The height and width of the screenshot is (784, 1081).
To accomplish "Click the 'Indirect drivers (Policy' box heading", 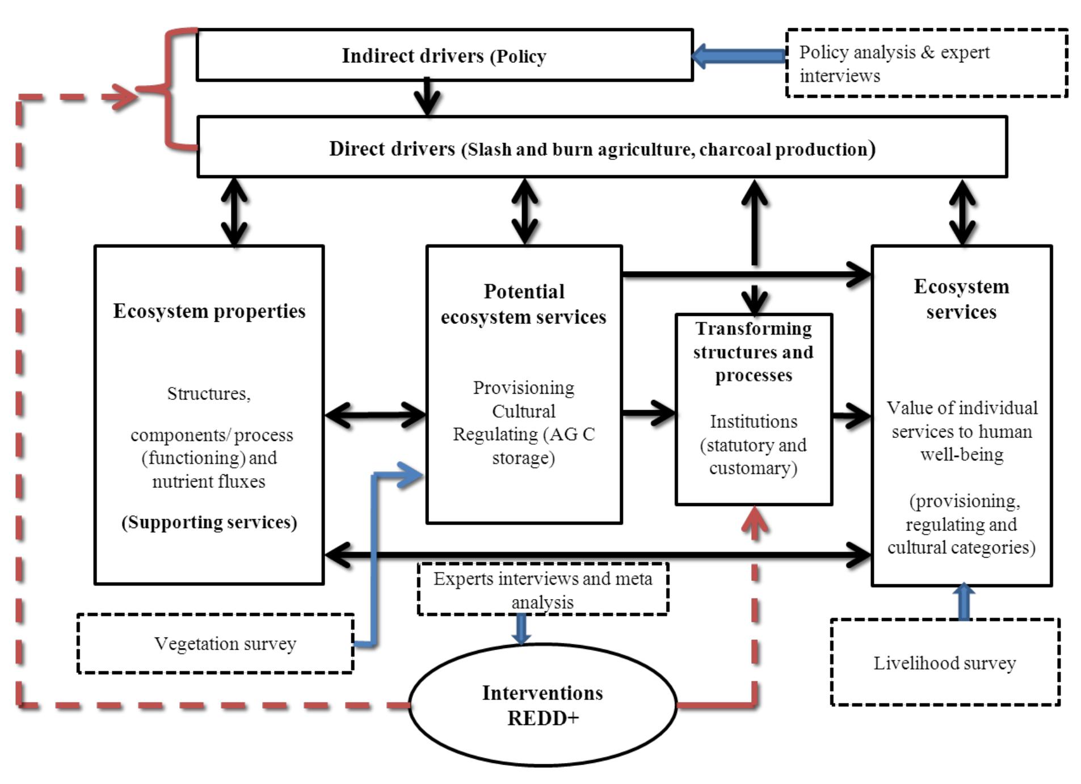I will [x=444, y=56].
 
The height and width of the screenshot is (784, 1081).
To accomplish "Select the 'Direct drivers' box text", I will [x=602, y=149].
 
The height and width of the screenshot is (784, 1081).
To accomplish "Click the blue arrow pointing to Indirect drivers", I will [x=738, y=56].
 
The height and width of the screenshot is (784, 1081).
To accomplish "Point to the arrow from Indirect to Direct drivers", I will [x=427, y=98].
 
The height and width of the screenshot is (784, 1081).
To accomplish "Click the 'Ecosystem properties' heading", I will [x=209, y=311].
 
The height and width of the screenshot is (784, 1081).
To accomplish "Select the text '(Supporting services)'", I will [x=209, y=522].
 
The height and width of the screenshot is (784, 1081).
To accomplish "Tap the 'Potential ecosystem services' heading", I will [x=523, y=304].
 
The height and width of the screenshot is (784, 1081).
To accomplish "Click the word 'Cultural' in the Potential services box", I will [x=523, y=411].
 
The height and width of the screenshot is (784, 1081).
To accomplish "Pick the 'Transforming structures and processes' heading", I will [x=753, y=352].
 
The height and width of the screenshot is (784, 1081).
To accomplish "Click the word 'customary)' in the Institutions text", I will [x=753, y=468].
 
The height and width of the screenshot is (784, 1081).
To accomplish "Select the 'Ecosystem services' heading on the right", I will [x=961, y=299].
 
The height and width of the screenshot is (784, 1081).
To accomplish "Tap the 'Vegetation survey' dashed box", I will [x=216, y=644].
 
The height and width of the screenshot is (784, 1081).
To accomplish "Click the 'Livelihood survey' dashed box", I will [x=944, y=663].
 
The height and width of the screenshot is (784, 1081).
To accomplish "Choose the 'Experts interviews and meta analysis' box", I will [x=542, y=590].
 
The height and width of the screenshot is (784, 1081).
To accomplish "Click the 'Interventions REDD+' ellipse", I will [x=542, y=705].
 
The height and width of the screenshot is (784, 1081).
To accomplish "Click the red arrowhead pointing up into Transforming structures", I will [x=754, y=519].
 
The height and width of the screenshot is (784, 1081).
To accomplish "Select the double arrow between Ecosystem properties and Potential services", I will [x=375, y=415].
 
